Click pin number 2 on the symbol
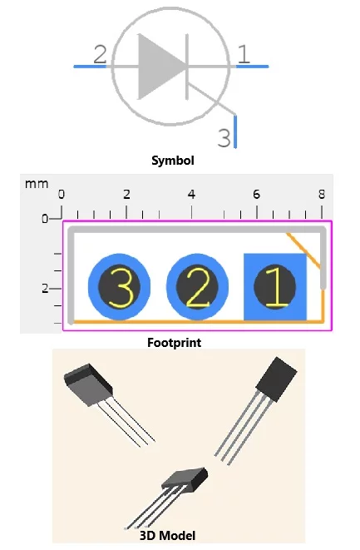point(100,54)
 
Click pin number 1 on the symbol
point(244,54)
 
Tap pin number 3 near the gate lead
point(224,138)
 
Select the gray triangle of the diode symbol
point(161,67)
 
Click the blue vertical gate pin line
point(235,131)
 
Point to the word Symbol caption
point(173,161)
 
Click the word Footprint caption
point(175,343)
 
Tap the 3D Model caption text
point(168,536)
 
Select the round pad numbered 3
point(119,286)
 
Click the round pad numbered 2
point(197,286)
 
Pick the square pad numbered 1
point(275,286)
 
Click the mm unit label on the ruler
point(37,184)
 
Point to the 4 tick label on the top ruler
point(191,194)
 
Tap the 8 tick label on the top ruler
point(322,194)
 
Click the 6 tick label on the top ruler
point(257,194)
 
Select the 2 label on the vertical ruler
point(45,289)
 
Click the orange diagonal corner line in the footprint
point(303,250)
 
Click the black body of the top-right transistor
point(277,379)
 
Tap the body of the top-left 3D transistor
point(88,384)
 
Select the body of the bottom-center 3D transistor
point(185,478)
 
